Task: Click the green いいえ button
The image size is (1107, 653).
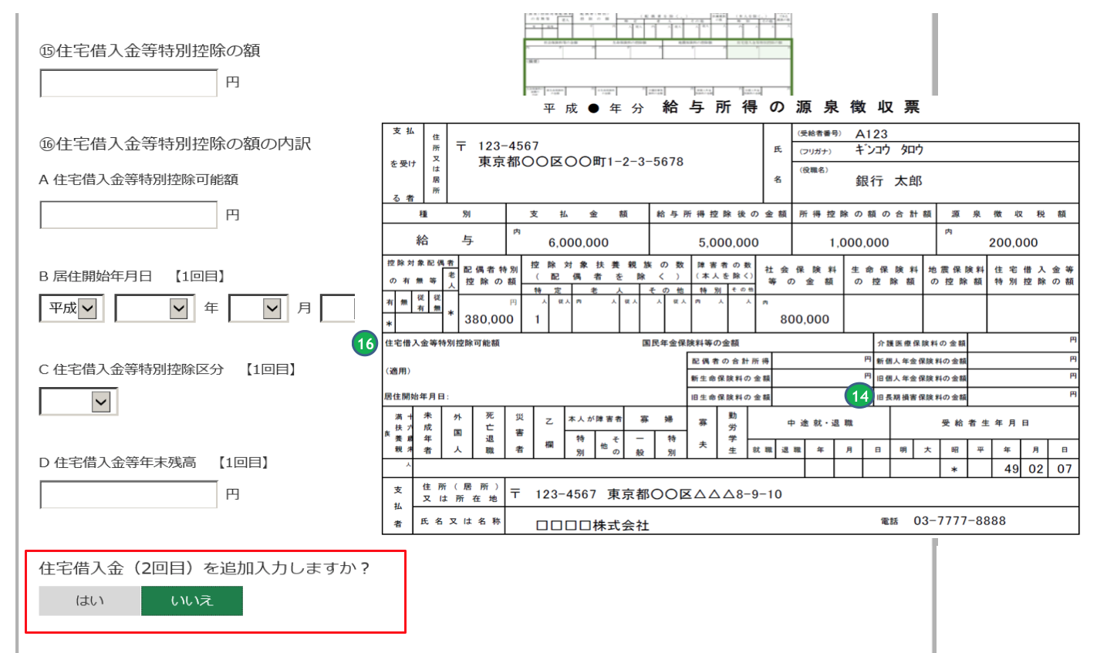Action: [191, 601]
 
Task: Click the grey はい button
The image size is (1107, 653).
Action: [89, 601]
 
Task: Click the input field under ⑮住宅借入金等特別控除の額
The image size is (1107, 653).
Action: [128, 82]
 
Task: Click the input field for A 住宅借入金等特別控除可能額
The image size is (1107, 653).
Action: [128, 215]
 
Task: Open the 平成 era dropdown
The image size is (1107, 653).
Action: [72, 308]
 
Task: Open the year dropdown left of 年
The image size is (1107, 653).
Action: [152, 308]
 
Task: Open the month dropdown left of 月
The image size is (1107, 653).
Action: [258, 308]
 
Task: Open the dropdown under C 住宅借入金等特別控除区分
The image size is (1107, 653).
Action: [79, 401]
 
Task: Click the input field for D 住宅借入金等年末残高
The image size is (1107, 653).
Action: [128, 494]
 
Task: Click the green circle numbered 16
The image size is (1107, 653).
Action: [365, 344]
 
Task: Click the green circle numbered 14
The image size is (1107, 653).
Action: [859, 396]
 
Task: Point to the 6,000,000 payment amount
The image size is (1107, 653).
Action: [578, 242]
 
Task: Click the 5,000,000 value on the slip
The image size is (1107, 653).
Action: [728, 242]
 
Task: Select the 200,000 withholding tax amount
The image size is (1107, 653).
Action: [1013, 242]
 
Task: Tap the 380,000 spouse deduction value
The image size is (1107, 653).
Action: [489, 319]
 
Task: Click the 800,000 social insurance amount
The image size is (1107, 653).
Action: [804, 319]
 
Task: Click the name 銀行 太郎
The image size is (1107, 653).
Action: [889, 181]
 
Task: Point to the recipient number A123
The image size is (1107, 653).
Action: [871, 133]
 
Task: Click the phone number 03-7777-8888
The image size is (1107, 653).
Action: [959, 521]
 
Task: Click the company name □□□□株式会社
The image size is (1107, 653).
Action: [592, 525]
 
